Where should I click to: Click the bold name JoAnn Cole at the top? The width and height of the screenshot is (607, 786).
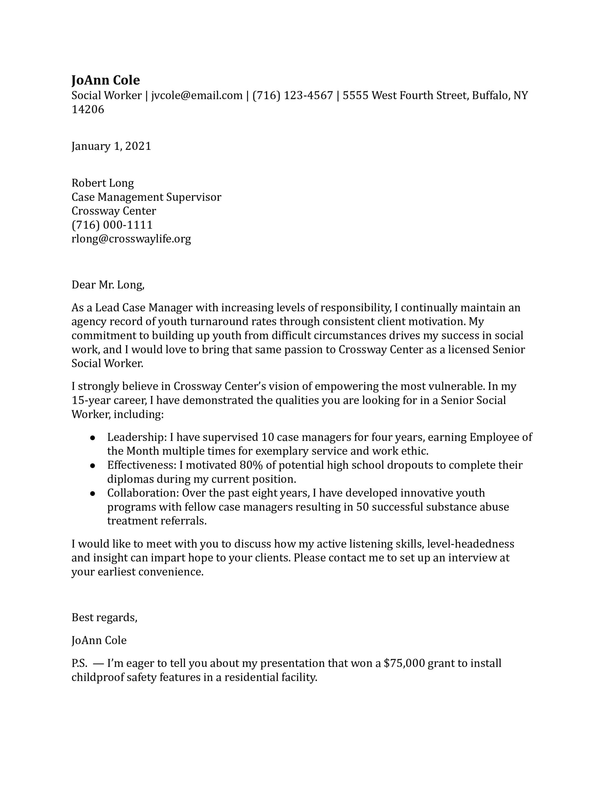point(106,80)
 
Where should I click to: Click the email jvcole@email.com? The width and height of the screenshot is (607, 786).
point(196,95)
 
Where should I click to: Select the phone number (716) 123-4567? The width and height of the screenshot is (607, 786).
point(292,95)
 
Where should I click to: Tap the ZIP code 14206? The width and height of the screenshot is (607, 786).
point(88,109)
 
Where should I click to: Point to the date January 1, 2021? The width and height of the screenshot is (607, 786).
point(111,146)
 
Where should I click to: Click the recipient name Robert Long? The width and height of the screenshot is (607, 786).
point(102,183)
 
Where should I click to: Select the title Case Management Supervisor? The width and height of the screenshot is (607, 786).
point(146,197)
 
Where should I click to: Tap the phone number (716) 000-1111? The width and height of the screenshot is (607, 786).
point(112,225)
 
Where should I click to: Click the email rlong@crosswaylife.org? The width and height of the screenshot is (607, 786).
point(131,239)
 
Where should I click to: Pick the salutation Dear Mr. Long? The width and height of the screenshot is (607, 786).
point(108,285)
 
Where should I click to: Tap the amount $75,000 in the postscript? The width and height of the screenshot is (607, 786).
point(404,663)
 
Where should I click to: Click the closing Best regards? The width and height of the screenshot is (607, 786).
point(104,617)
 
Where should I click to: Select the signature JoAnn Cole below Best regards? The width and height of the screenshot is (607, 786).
point(99,640)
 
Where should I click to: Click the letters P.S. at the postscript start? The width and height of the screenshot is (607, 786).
point(79,663)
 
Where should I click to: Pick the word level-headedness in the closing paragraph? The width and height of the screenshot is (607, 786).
point(470,543)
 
